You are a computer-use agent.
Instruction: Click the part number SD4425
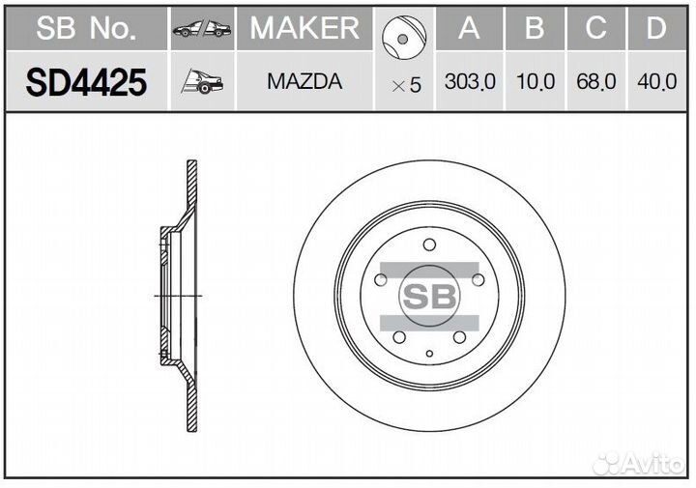click(x=86, y=83)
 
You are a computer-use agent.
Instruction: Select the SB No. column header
click(x=86, y=28)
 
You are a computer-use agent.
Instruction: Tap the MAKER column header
click(x=304, y=28)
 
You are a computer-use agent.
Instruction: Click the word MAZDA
click(x=304, y=81)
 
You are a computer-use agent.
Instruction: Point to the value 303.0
click(x=470, y=81)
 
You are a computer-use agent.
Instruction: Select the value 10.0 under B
click(x=535, y=81)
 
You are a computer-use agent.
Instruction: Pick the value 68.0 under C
click(x=596, y=81)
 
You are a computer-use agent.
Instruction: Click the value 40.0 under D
click(x=657, y=81)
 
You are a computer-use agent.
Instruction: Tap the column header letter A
click(x=469, y=28)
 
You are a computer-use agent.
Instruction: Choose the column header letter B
click(x=535, y=28)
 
